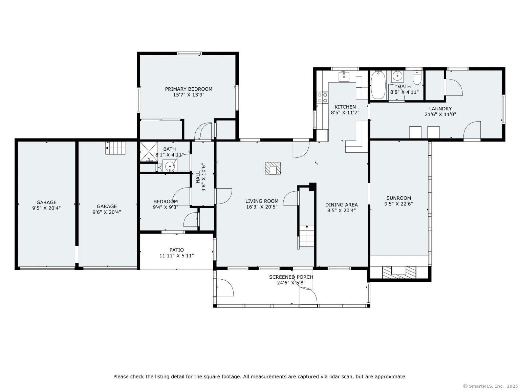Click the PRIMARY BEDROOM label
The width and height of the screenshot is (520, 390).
pos(188,89)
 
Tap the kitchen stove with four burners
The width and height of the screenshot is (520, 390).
pos(322,98)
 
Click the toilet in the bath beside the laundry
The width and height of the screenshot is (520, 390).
pos(417,77)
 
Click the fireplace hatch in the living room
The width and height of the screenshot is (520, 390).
pos(273,168)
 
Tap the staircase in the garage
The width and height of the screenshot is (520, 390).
pos(115,148)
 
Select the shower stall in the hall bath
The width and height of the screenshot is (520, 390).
pos(149,152)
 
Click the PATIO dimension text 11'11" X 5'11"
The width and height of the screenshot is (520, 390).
pos(176,256)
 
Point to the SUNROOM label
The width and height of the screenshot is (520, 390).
pos(398,198)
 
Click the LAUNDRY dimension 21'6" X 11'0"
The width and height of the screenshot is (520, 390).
pos(440,114)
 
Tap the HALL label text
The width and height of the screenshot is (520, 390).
pos(198,177)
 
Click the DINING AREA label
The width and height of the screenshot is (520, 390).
pos(341,204)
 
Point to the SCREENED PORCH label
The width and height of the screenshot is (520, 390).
pos(291,277)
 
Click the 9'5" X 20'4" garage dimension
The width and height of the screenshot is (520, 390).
pos(46,208)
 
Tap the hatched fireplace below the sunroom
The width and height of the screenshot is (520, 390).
pos(399,272)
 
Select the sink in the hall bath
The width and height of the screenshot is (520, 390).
pos(170,166)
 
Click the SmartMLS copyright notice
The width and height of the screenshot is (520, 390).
pos(491,386)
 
